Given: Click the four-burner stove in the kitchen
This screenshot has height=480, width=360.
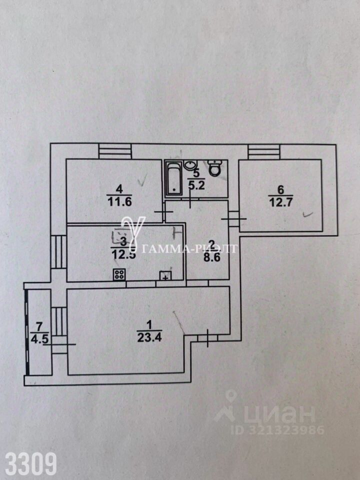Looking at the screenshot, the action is (x=119, y=274).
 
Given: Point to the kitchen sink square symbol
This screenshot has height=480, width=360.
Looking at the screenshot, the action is (x=165, y=275).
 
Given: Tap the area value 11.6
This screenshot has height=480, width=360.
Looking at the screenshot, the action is (x=118, y=201).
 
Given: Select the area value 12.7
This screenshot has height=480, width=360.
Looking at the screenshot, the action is (x=280, y=202).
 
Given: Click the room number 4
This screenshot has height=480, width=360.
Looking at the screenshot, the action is (x=118, y=189).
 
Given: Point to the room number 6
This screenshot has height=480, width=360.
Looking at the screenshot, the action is (x=280, y=189).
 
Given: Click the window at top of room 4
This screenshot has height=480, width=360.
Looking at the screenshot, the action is (x=114, y=150).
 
